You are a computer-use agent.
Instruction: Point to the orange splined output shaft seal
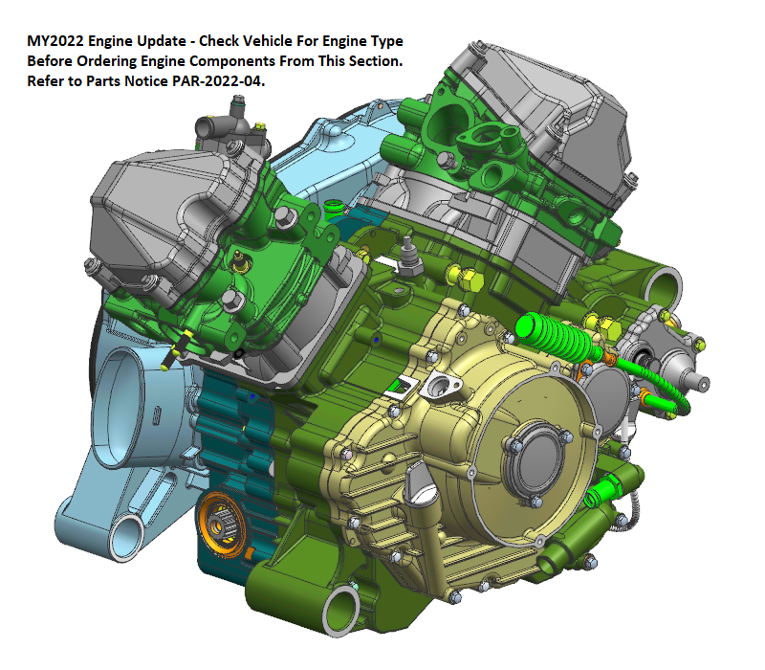pyautogui.click(x=221, y=525)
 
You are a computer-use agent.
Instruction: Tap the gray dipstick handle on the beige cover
pyautogui.click(x=419, y=482)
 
